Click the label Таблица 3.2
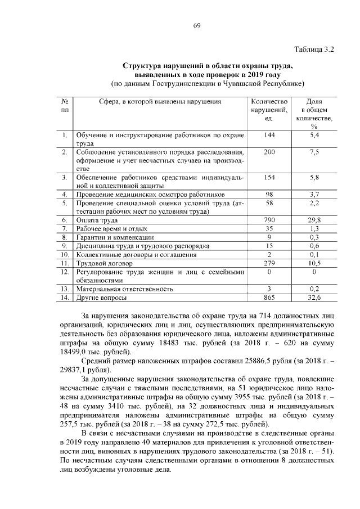tap(314, 49)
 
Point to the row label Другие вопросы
tap(101, 298)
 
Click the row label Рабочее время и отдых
tap(111, 229)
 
